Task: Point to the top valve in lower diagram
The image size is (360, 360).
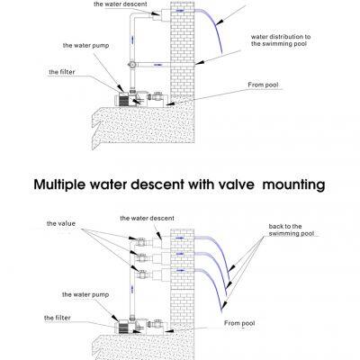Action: click(143, 241)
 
